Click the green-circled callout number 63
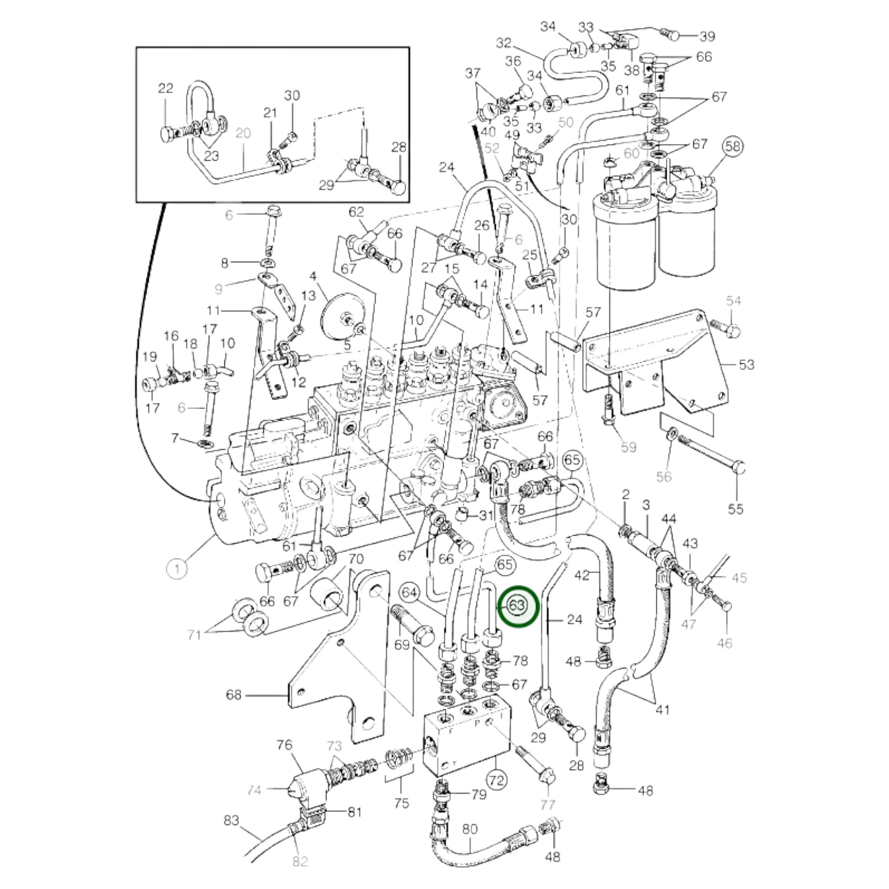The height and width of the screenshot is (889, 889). (517, 606)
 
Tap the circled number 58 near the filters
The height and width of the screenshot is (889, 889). (733, 146)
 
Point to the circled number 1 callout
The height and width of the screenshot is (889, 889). (177, 569)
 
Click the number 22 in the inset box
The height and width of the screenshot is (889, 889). (166, 88)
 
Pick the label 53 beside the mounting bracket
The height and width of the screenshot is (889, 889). (746, 365)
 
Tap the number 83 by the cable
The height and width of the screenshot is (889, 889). (232, 820)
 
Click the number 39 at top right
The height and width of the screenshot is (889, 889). (707, 37)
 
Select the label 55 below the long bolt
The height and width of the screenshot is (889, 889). (736, 509)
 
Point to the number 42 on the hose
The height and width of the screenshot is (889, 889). (582, 575)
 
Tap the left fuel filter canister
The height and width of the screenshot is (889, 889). (626, 244)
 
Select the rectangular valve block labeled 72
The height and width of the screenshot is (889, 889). (465, 741)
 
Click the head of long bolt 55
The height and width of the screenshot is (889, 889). (738, 467)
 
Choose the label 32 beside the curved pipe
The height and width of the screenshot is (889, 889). (504, 43)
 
